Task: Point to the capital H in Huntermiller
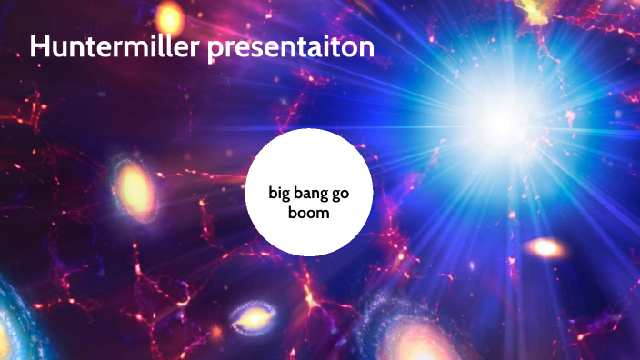click(x=41, y=47)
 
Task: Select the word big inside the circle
click(x=278, y=193)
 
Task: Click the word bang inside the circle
click(x=310, y=193)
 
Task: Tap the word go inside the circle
click(x=341, y=193)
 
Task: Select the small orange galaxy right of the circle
click(x=545, y=247)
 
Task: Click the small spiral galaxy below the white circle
click(x=251, y=317)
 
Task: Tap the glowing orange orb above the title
click(x=168, y=15)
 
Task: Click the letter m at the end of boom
click(x=324, y=215)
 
